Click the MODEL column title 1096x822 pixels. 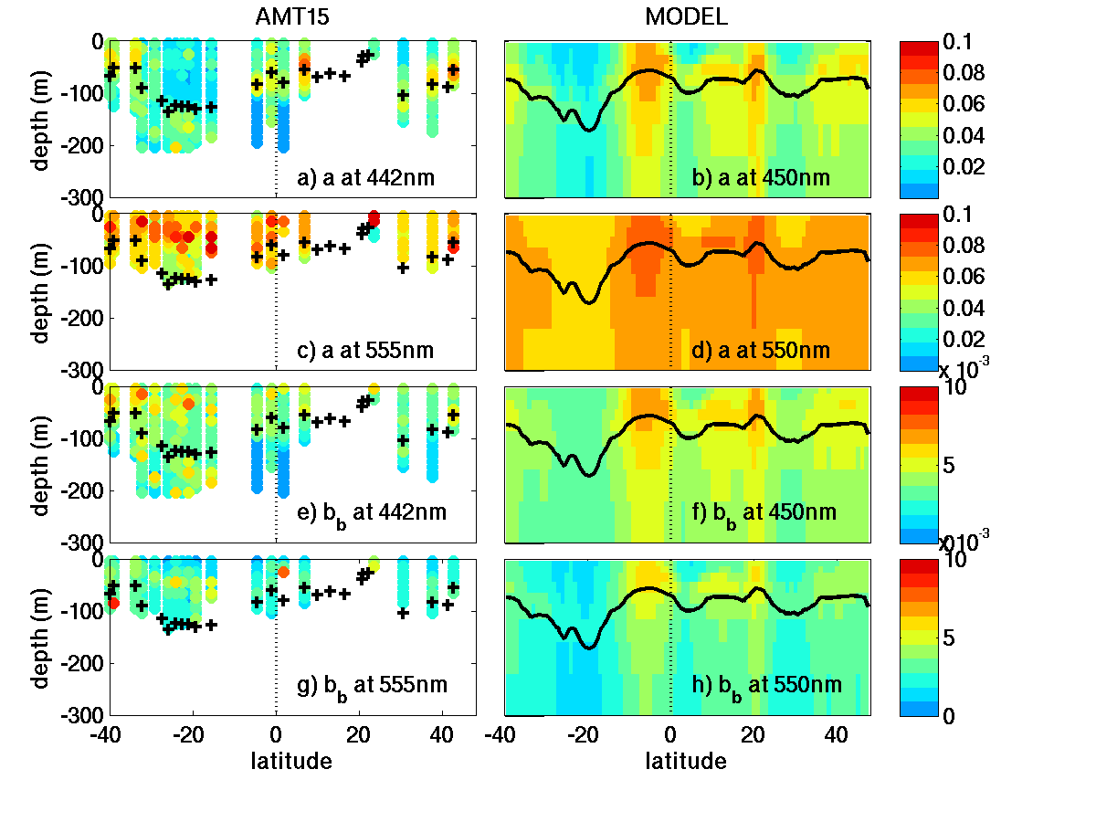(686, 17)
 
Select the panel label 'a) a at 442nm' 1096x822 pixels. (366, 178)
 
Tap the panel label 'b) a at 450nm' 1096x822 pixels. (761, 178)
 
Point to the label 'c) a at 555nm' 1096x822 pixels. (366, 350)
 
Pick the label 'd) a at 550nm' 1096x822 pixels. (761, 350)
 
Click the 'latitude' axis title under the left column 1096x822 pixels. (291, 761)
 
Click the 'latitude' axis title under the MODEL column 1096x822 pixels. (686, 761)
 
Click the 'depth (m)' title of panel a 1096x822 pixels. (42, 119)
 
